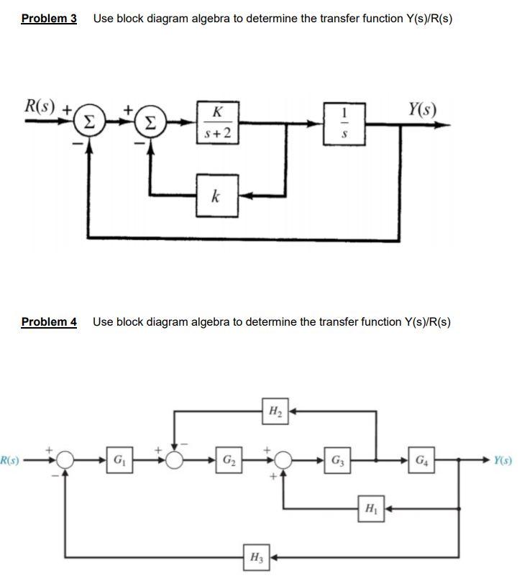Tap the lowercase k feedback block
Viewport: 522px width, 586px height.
pyautogui.click(x=216, y=196)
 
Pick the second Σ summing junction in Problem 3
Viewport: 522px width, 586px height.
pyautogui.click(x=150, y=123)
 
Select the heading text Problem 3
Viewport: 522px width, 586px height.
pyautogui.click(x=49, y=18)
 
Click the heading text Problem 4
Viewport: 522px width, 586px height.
pyautogui.click(x=49, y=321)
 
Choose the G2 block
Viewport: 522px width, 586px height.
pyautogui.click(x=228, y=459)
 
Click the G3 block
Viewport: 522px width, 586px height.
pyautogui.click(x=336, y=459)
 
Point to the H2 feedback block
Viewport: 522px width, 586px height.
pyautogui.click(x=275, y=411)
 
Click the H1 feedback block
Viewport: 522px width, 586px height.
pyautogui.click(x=369, y=508)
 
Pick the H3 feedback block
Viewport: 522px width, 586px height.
pyautogui.click(x=255, y=557)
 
